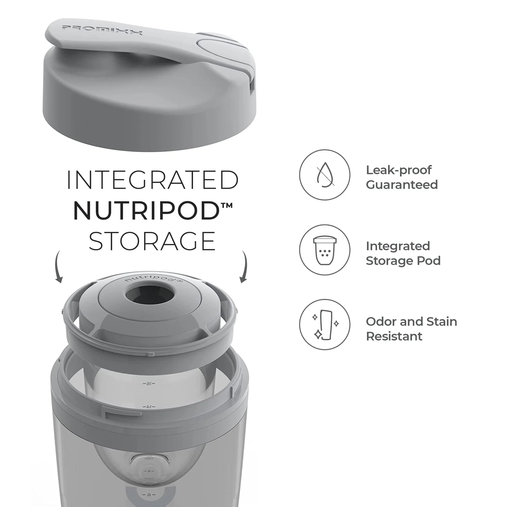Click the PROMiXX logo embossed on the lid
(x=102, y=30)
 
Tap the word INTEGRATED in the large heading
(x=152, y=180)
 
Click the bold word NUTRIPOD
(x=146, y=211)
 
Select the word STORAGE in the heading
(x=152, y=241)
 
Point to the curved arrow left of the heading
(x=58, y=266)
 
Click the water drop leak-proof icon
(x=324, y=175)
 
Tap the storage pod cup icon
(x=324, y=250)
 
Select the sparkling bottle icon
(x=324, y=324)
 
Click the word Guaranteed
(x=402, y=185)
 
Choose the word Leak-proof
(x=399, y=170)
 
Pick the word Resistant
(x=394, y=336)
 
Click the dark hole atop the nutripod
(x=150, y=295)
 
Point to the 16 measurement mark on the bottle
(x=149, y=384)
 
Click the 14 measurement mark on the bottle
(x=149, y=407)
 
